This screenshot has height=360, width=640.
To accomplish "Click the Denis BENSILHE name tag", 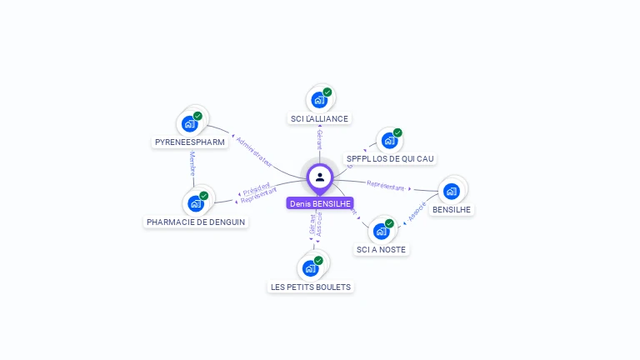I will (x=320, y=203).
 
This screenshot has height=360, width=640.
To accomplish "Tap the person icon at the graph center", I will (x=320, y=177).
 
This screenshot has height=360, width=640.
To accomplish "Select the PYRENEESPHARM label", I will (x=190, y=142).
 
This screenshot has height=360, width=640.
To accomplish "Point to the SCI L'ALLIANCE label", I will (x=320, y=119).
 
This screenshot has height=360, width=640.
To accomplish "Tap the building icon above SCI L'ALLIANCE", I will (x=318, y=100).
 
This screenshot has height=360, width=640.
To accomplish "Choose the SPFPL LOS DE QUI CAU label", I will (x=390, y=158).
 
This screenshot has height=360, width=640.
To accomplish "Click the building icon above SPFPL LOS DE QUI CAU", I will (x=388, y=141).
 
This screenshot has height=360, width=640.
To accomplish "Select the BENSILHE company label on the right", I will (x=452, y=209).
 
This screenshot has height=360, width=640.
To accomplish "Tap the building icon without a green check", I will (x=452, y=191).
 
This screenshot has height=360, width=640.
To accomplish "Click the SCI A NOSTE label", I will (x=382, y=249).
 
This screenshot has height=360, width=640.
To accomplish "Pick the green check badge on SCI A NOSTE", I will (x=389, y=223).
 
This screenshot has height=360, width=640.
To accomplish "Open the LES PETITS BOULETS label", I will (x=311, y=287).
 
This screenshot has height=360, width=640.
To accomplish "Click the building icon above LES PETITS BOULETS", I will (x=310, y=268).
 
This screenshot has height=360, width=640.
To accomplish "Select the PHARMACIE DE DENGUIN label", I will (x=197, y=222).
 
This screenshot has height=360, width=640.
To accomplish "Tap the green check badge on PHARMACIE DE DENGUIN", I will (x=203, y=196).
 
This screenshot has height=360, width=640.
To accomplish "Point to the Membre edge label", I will (x=192, y=164).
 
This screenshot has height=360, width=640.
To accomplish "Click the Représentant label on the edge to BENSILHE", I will (x=385, y=185).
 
